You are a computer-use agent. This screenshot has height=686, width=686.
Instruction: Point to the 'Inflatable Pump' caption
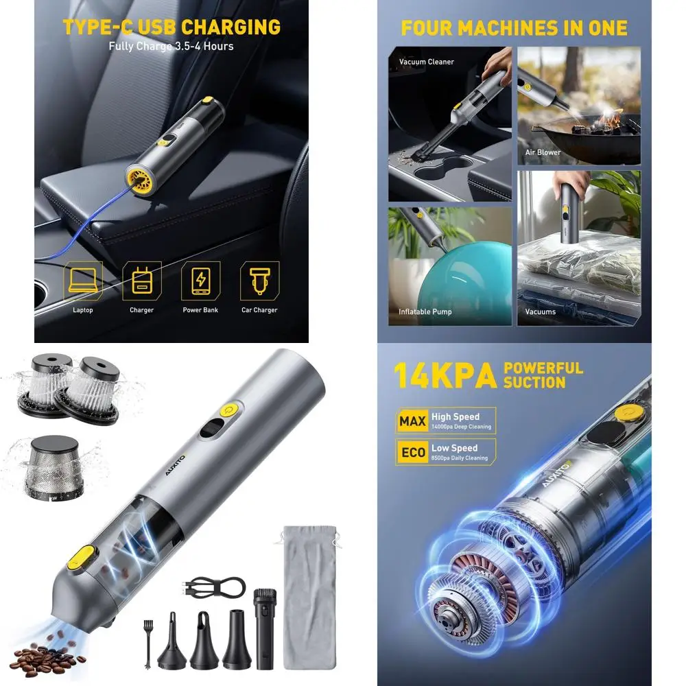point(425,311)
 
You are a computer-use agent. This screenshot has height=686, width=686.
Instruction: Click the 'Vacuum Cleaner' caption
point(427,62)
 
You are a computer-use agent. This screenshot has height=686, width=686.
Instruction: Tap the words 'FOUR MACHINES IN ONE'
point(514,28)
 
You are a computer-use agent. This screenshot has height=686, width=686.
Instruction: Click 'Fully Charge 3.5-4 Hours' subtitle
point(171,47)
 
